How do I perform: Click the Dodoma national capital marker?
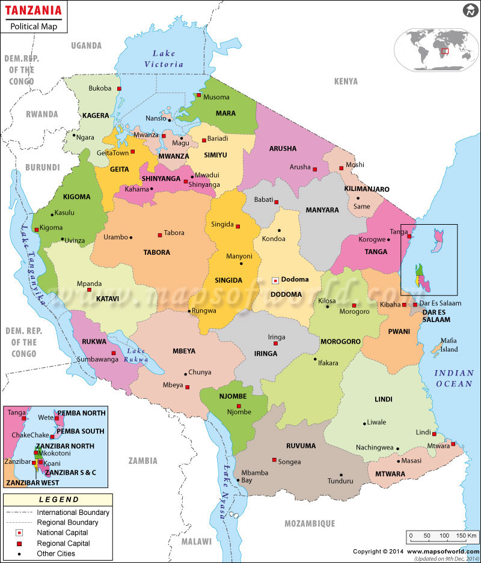[x=275, y=280]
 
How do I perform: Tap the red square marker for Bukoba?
[x=120, y=89]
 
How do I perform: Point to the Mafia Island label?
[x=449, y=344]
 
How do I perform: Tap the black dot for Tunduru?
[x=341, y=475]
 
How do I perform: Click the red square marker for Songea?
[x=274, y=460]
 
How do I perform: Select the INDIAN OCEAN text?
[x=455, y=379]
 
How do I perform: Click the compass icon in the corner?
[x=470, y=11]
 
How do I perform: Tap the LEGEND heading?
[x=58, y=499]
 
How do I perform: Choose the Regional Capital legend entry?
[x=63, y=543]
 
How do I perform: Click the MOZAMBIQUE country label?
[x=309, y=523]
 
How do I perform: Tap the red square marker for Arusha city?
[x=314, y=169]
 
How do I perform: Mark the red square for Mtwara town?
[x=454, y=445]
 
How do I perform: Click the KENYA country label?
[x=346, y=81]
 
